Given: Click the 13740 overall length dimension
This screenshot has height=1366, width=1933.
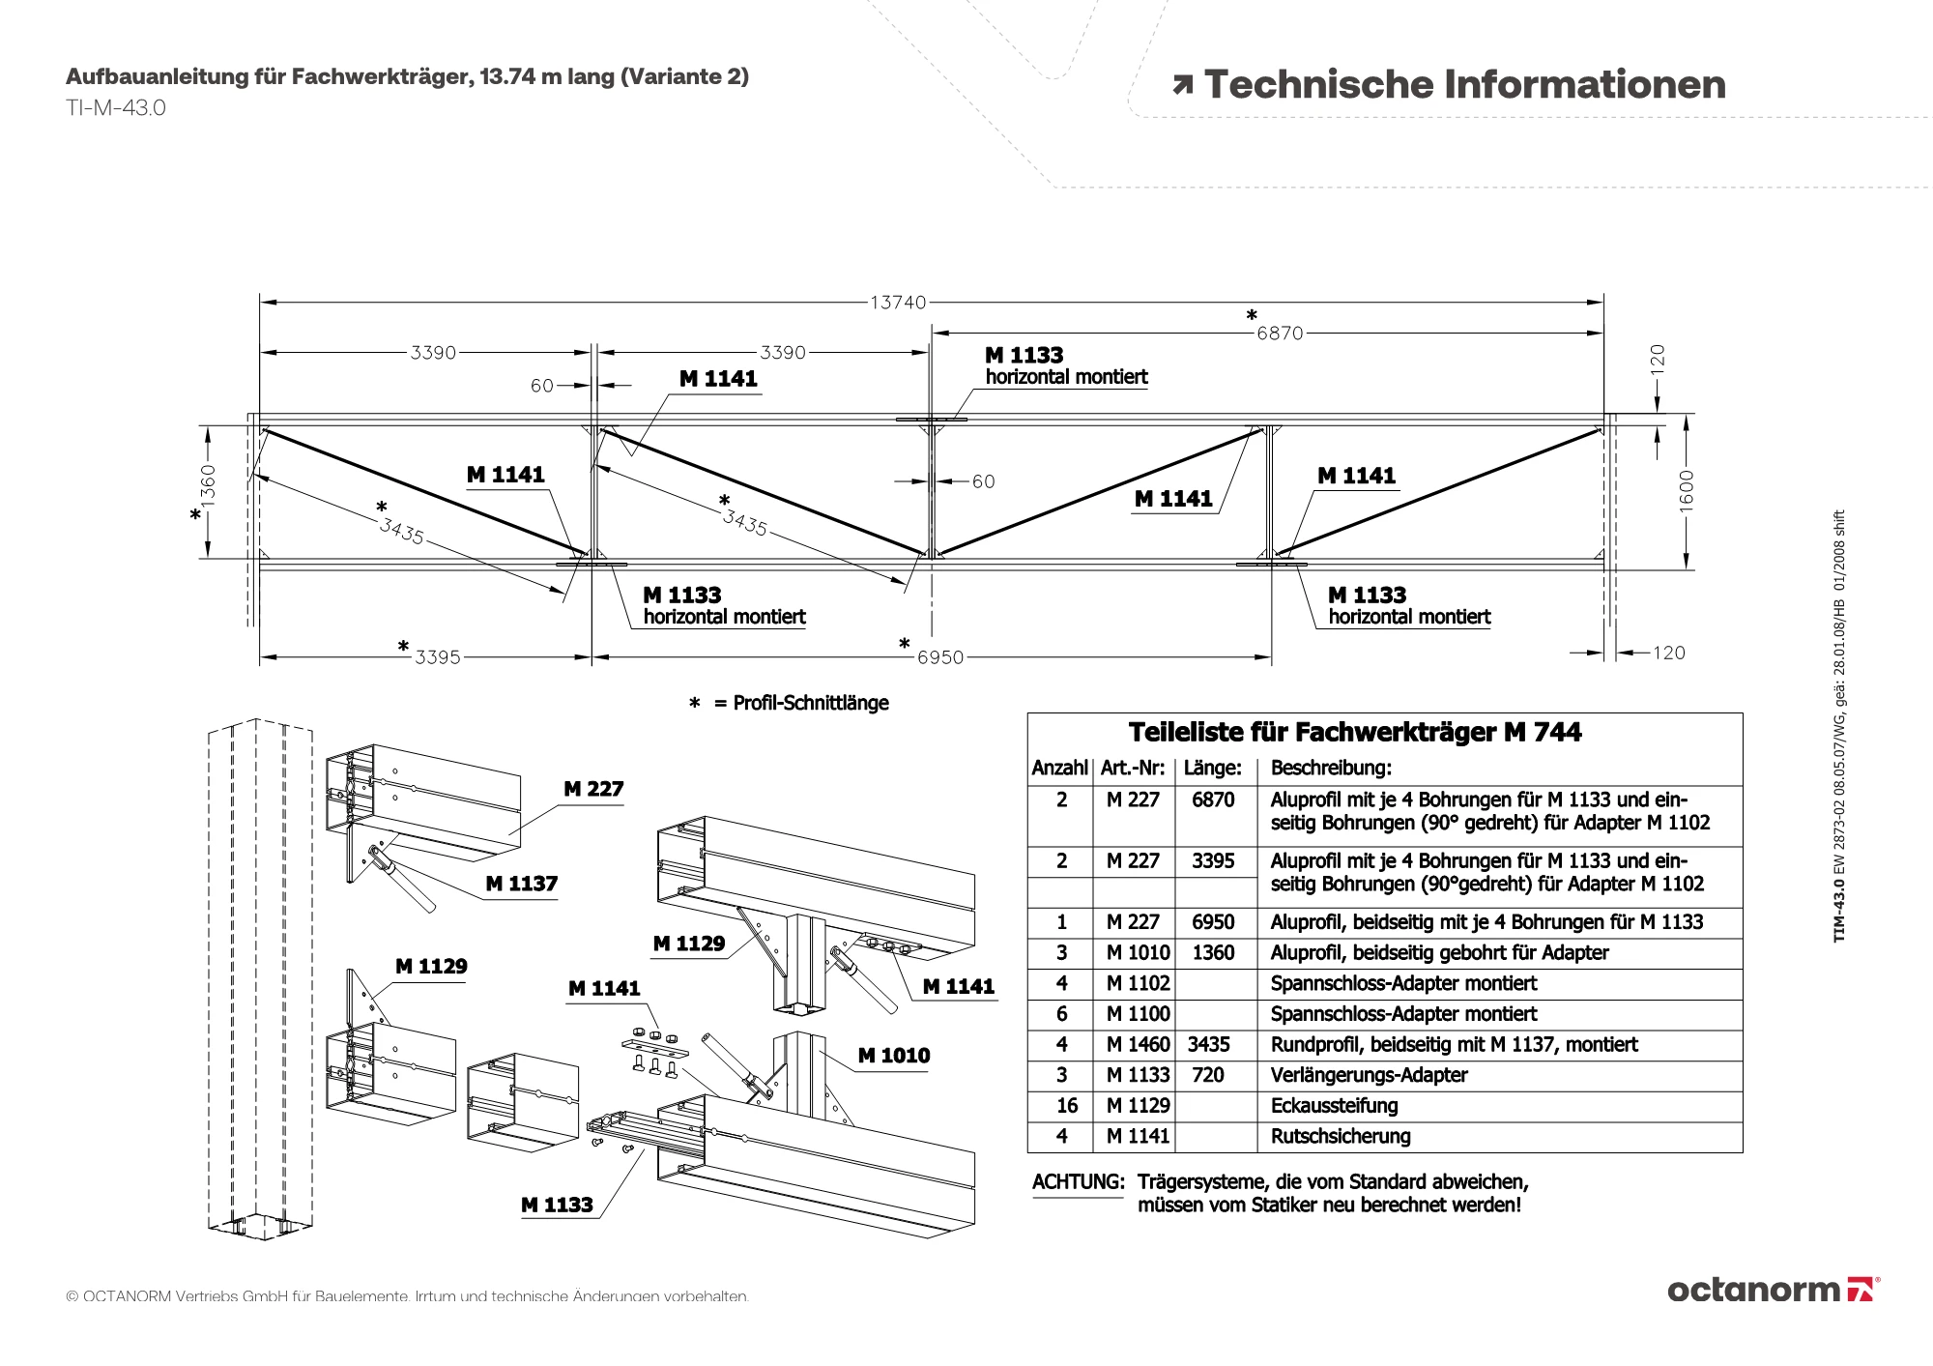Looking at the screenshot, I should coord(898,303).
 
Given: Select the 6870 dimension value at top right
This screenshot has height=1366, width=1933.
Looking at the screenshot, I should coord(1280,334).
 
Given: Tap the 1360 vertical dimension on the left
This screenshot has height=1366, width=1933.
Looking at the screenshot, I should coord(209,483).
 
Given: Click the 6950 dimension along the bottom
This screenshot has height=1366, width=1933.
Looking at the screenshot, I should coord(939,657).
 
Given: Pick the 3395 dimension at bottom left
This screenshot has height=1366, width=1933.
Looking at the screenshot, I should coord(437,657).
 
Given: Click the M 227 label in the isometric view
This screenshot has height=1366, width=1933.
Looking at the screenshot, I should coord(593,789).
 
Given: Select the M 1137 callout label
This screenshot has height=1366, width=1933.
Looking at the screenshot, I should coord(521,884).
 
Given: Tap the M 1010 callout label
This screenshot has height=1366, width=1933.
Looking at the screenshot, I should coord(894,1056).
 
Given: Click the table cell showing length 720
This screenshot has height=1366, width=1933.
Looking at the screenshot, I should coord(1208,1075).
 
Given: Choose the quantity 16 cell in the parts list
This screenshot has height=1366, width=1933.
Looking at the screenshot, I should coord(1061,1106).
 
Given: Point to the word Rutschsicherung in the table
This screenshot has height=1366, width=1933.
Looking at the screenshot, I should coord(1341,1137).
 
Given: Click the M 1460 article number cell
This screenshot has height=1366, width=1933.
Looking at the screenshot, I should coord(1138,1044).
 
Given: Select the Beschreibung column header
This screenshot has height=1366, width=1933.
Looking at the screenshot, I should coord(1331,769).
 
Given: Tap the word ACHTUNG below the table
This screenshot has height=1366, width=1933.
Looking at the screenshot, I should coord(1078,1182).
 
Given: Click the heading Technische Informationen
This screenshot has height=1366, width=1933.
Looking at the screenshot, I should coord(1463,85).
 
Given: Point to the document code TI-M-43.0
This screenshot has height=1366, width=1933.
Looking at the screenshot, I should coord(116,108).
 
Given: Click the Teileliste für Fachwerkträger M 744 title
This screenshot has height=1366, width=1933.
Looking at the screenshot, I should coord(1354,732).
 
